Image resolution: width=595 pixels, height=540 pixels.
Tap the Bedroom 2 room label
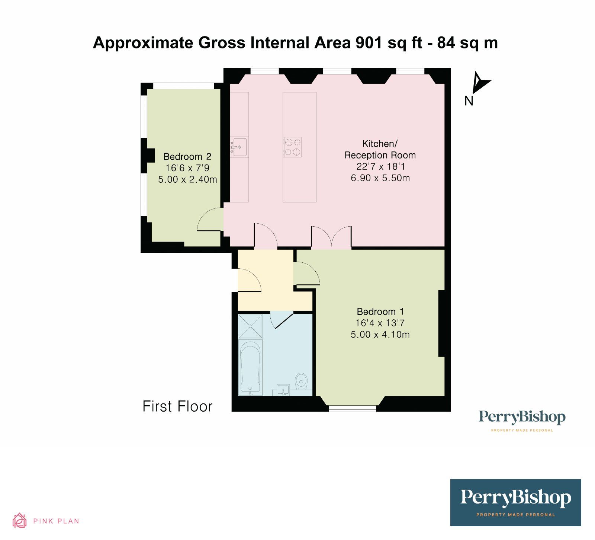point(187,157)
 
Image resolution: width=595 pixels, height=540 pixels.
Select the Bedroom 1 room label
point(380,311)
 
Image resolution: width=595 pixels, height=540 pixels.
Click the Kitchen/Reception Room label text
point(380,149)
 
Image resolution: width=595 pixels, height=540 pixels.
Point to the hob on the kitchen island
point(292,147)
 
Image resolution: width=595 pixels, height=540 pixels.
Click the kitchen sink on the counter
point(238,146)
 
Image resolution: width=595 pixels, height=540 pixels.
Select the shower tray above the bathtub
point(250,326)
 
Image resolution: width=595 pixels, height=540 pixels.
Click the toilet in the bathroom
point(301,381)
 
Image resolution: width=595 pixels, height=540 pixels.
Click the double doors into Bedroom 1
point(331,237)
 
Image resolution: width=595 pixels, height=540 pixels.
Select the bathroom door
point(281,320)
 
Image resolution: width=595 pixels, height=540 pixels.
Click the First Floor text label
point(177,406)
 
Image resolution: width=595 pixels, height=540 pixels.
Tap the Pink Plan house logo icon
point(19,520)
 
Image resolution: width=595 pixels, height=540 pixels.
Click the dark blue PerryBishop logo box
point(515,502)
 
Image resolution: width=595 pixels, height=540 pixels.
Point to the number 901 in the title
point(369,43)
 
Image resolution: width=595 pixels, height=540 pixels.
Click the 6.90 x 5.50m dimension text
point(380,178)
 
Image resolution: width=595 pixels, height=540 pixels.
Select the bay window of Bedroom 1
point(352,407)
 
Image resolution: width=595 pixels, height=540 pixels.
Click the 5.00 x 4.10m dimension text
point(380,335)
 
